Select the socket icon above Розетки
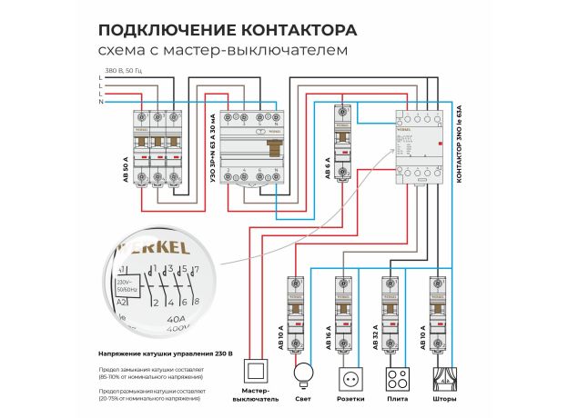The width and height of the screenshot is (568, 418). [x=349, y=376]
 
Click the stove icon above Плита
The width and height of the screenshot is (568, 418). [x=394, y=376]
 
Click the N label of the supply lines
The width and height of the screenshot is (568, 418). [x=100, y=103]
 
